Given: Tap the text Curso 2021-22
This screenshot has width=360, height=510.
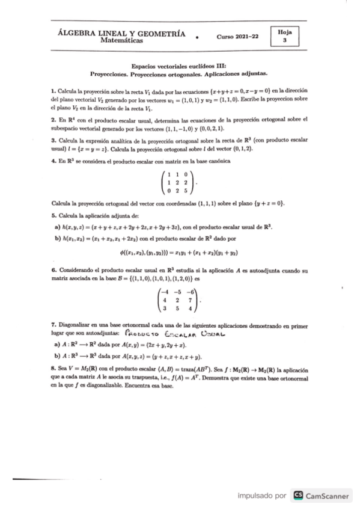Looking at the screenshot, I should pyautogui.click(x=238, y=37).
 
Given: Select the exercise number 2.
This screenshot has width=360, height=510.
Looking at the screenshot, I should pyautogui.click(x=53, y=120).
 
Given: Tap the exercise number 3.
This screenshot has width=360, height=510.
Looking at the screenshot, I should pyautogui.click(x=53, y=140).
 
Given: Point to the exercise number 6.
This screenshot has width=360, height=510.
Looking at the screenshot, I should pyautogui.click(x=53, y=271).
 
